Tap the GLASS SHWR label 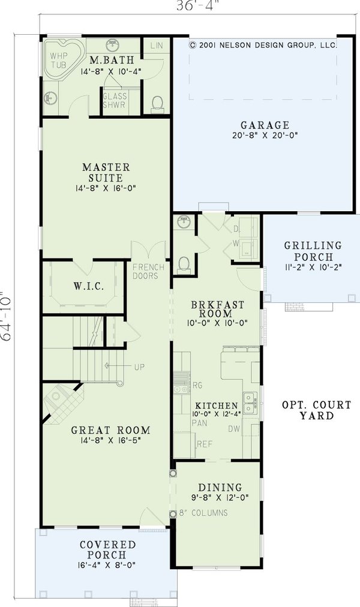[x=113, y=100]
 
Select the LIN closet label [x=157, y=46]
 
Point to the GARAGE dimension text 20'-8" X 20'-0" [x=265, y=136]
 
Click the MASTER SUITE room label [x=106, y=172]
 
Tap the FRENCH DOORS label [x=145, y=271]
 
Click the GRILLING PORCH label [x=313, y=251]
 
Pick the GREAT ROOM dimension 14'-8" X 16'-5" [x=110, y=441]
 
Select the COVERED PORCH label [x=107, y=549]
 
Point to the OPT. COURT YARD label [x=308, y=410]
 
